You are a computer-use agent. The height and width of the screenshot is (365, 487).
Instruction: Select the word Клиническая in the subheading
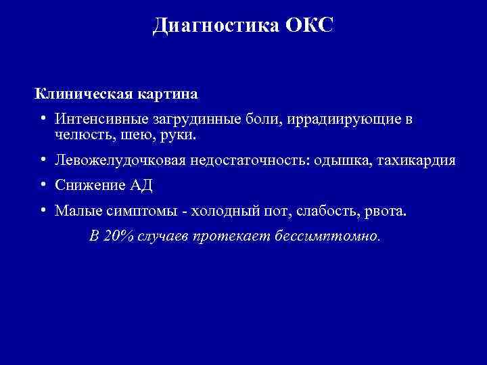click(76, 92)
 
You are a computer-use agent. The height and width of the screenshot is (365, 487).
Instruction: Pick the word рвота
click(386, 212)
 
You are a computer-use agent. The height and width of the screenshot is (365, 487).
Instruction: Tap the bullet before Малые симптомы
click(42, 211)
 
